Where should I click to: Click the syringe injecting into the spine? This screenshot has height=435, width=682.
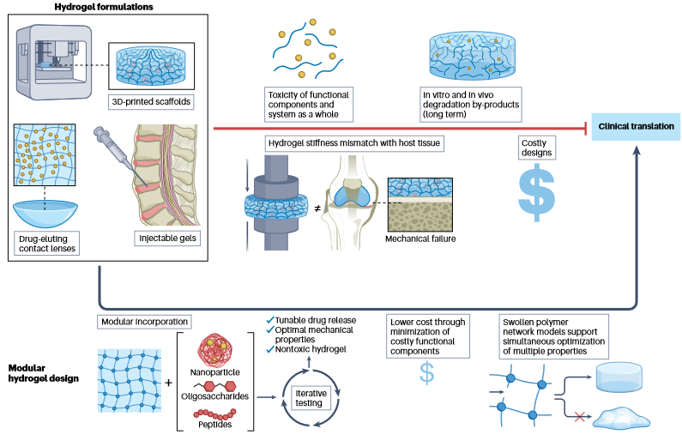tap(116, 149)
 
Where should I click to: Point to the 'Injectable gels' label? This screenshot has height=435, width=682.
tap(163, 238)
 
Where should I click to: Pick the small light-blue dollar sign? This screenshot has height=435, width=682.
tap(426, 372)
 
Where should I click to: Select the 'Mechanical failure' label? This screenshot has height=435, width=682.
tap(421, 239)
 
